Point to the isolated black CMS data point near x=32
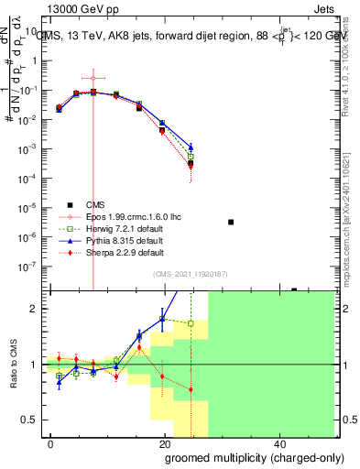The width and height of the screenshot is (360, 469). coord(231,222)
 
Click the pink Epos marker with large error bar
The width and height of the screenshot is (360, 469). coord(93,78)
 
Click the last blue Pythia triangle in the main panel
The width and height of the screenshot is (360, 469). coord(191,147)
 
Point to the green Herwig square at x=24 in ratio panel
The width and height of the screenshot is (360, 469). coord(191,323)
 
